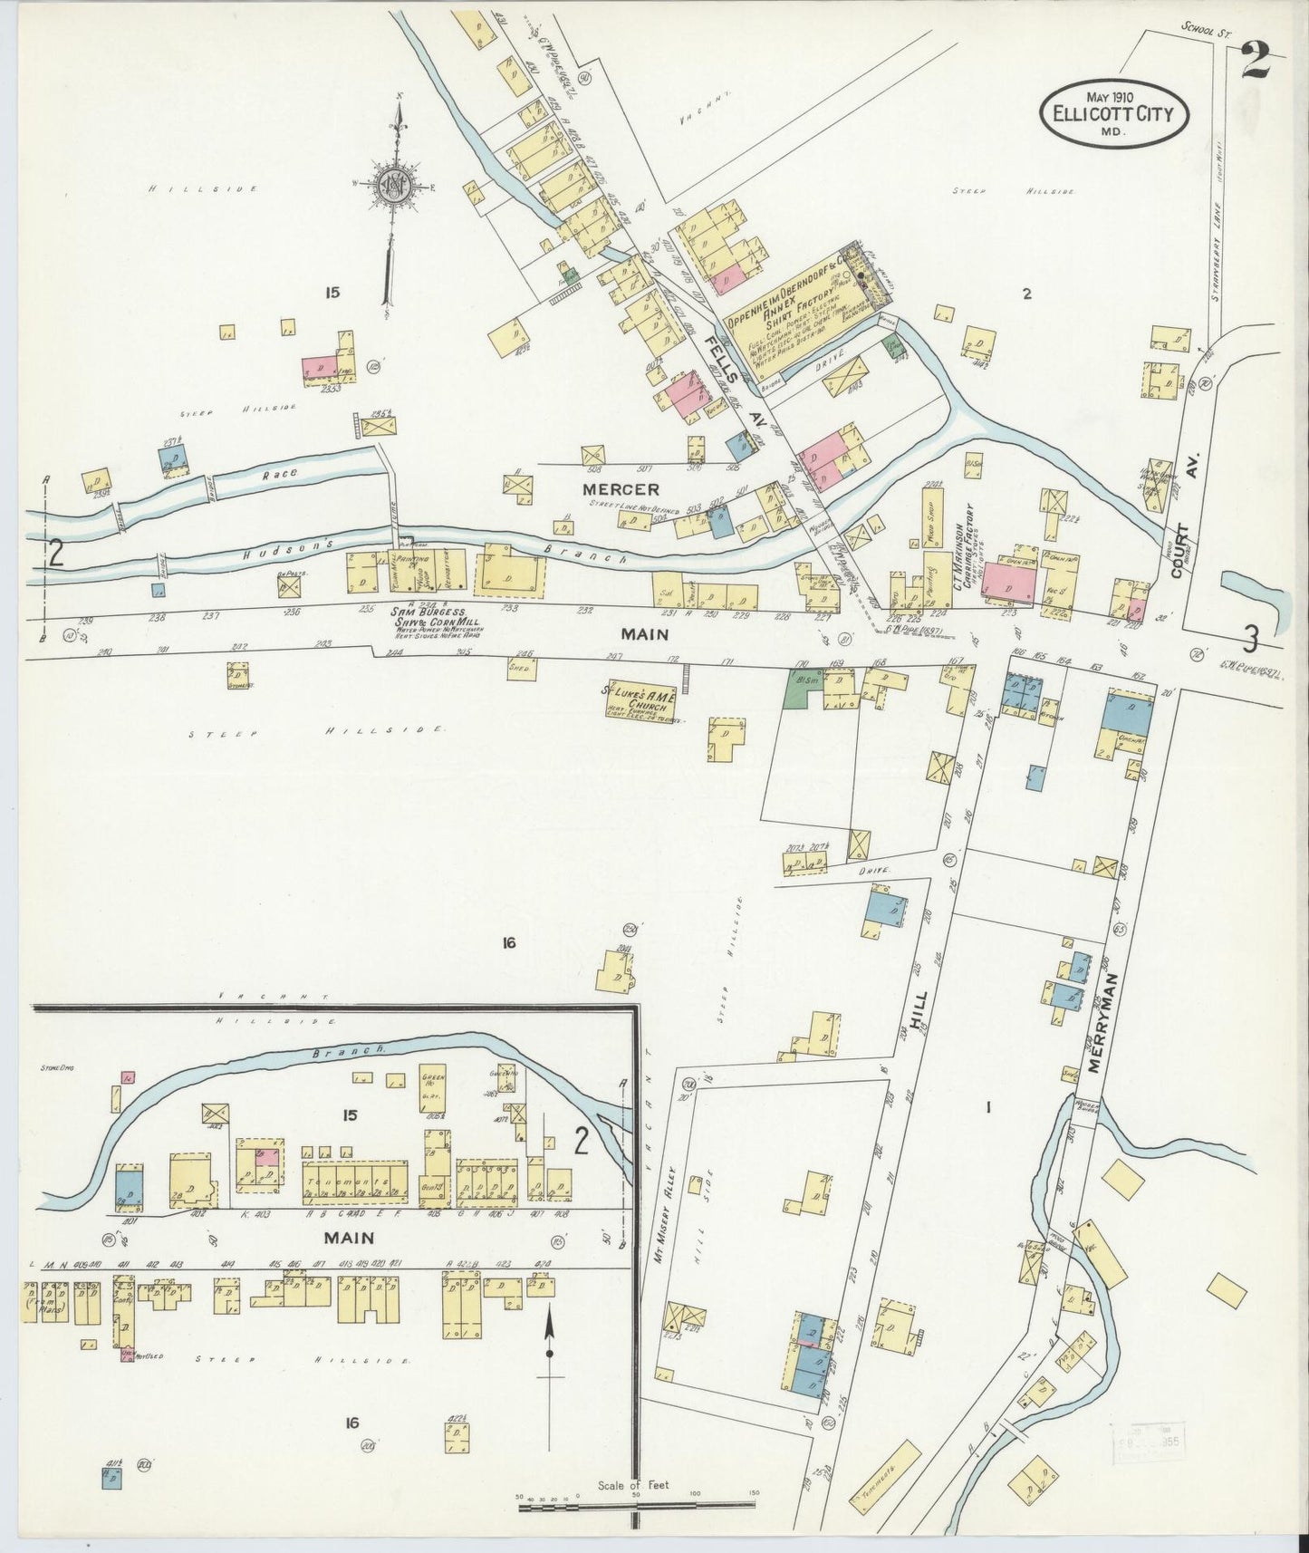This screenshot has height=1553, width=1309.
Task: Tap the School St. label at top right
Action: click(1202, 28)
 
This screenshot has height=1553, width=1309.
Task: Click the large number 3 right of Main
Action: click(1249, 641)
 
